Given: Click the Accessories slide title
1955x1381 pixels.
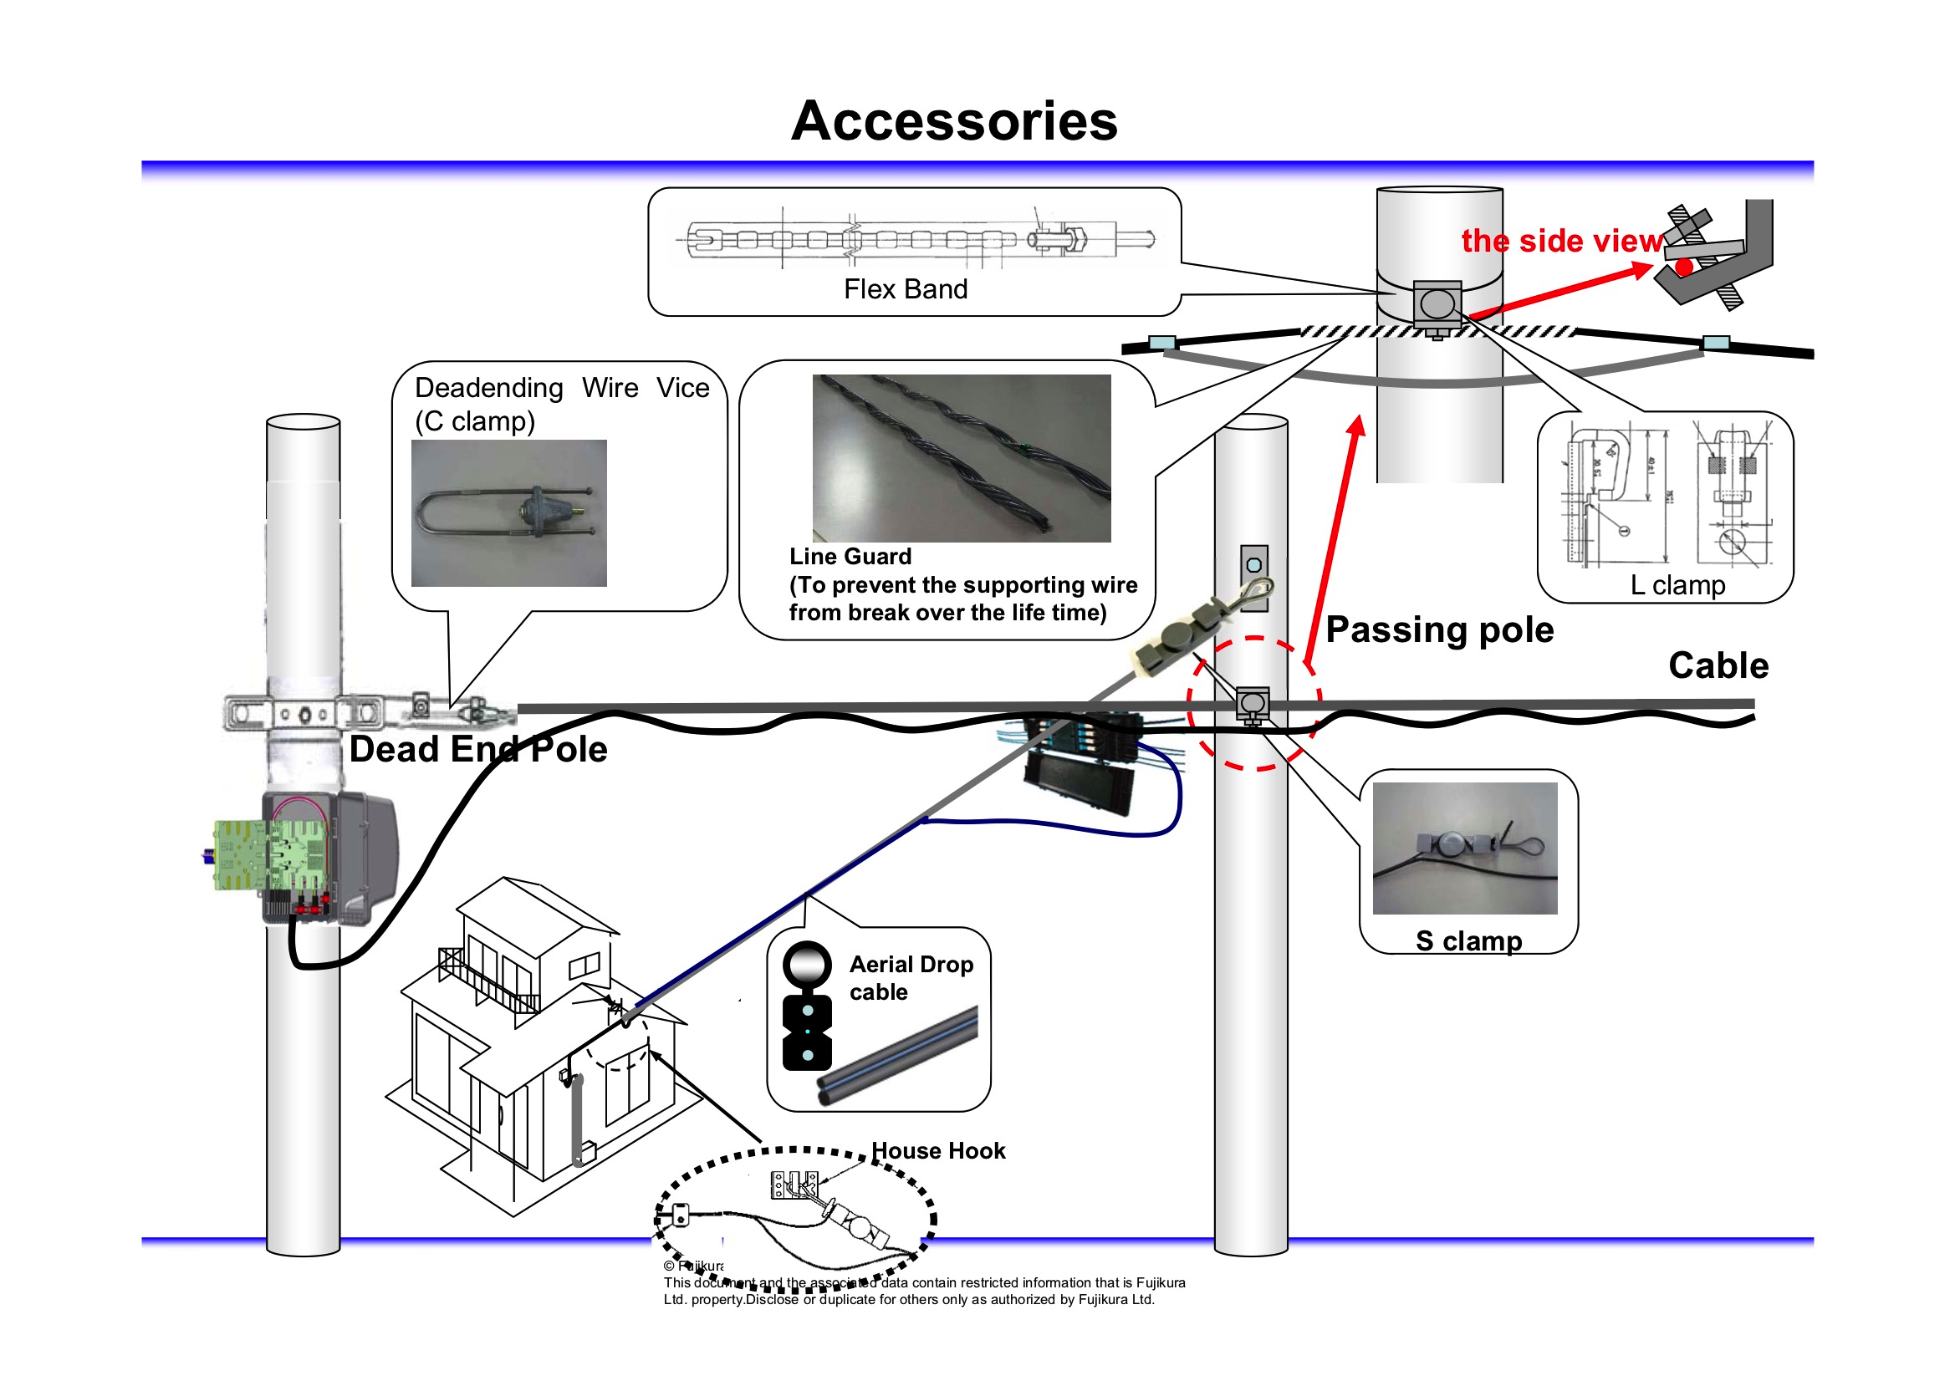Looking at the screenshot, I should click(953, 121).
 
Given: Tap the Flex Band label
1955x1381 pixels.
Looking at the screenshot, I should click(905, 289).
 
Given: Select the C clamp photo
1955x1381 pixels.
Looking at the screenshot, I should click(508, 512).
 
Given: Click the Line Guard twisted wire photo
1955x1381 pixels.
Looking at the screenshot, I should click(962, 458).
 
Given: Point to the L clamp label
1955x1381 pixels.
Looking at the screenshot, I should click(1677, 586).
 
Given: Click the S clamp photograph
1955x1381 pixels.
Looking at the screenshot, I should click(1464, 848).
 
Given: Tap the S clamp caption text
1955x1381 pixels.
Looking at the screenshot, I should click(1468, 940).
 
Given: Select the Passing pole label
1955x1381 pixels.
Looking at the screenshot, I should click(1439, 630).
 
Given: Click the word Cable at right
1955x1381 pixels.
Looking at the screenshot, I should click(1718, 665).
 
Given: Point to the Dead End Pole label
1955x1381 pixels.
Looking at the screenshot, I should click(477, 750).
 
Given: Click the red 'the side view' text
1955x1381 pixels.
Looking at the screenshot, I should click(1562, 241).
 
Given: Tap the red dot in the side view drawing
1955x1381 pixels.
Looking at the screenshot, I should click(1683, 268).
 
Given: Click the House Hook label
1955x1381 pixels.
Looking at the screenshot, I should click(938, 1151).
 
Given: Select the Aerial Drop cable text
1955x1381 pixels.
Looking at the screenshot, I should click(911, 978).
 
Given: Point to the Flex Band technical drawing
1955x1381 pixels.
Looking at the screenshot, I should click(920, 239).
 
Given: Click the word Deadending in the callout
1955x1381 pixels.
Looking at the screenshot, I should click(488, 388).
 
